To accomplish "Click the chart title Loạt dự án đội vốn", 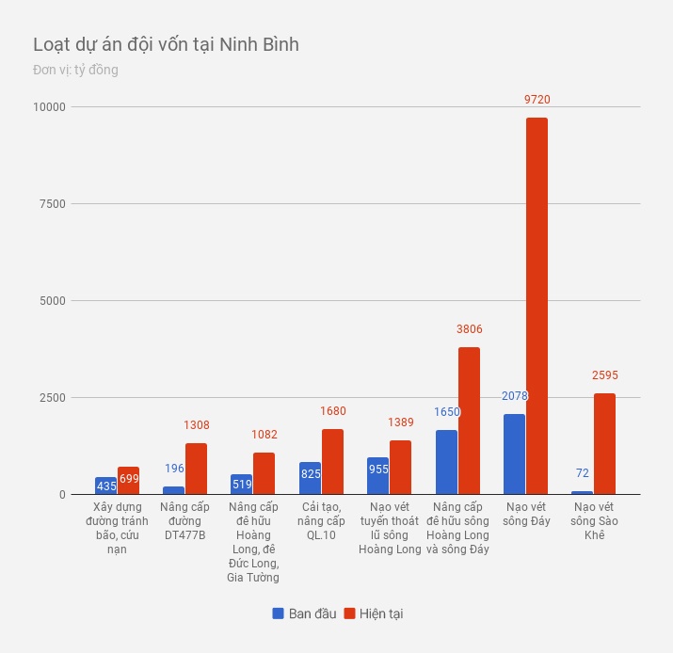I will click(166, 44).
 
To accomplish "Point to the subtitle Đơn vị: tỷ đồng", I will click(75, 70).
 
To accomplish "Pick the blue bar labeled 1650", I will click(446, 462).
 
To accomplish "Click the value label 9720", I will click(537, 99).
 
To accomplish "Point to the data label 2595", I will click(605, 375).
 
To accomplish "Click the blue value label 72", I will click(583, 473).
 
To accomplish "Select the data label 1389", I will click(401, 422).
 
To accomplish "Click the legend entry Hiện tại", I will click(374, 613).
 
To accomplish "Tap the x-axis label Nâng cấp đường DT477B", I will click(184, 521).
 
